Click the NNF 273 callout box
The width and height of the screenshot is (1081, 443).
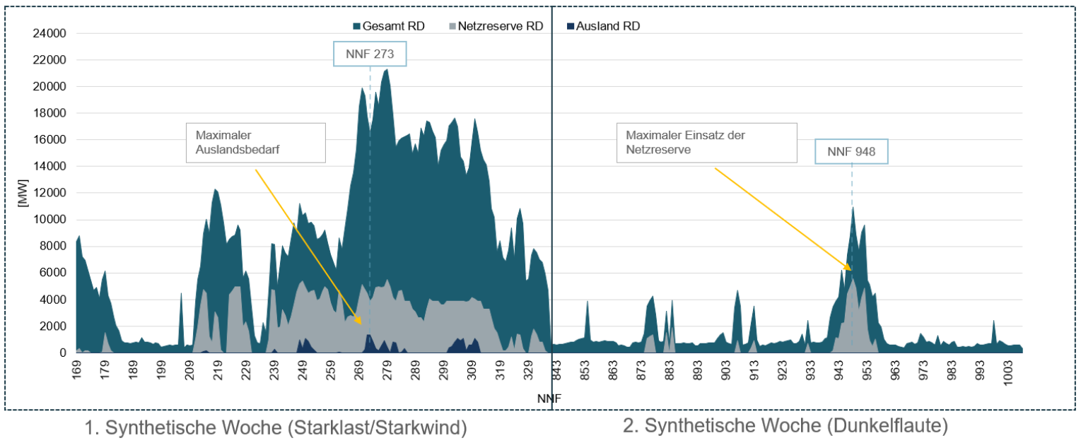click(370, 54)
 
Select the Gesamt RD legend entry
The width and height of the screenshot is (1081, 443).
click(388, 26)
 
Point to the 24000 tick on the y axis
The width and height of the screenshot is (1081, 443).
click(50, 33)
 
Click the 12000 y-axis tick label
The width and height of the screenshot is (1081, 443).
click(50, 193)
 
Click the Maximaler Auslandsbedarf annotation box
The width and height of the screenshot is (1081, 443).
click(255, 143)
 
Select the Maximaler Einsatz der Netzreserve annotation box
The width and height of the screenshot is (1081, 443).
click(706, 143)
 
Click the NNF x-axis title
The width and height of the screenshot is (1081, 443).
click(549, 399)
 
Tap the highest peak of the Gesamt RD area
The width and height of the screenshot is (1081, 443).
click(386, 69)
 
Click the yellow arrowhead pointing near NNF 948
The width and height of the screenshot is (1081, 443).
click(849, 268)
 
